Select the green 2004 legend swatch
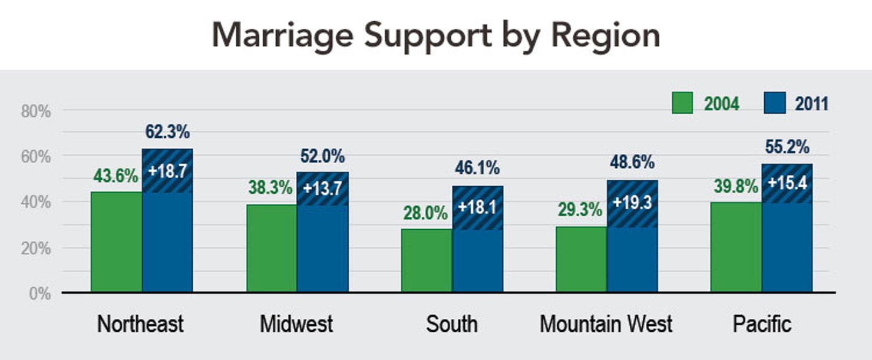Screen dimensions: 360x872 [682, 104]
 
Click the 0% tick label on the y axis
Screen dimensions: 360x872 [39, 293]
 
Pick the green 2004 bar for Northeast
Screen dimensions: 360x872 [116, 242]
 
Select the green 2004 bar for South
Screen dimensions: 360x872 [427, 260]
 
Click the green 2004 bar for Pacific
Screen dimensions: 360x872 [736, 247]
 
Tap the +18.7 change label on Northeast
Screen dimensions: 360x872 [167, 171]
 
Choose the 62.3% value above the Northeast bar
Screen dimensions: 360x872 [167, 132]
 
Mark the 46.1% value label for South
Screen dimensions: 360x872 [477, 169]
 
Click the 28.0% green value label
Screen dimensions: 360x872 [426, 213]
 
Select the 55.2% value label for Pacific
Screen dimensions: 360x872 [787, 147]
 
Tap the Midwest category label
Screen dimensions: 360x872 [296, 324]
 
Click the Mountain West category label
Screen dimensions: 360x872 [606, 324]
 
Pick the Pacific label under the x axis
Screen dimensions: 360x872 [762, 324]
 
